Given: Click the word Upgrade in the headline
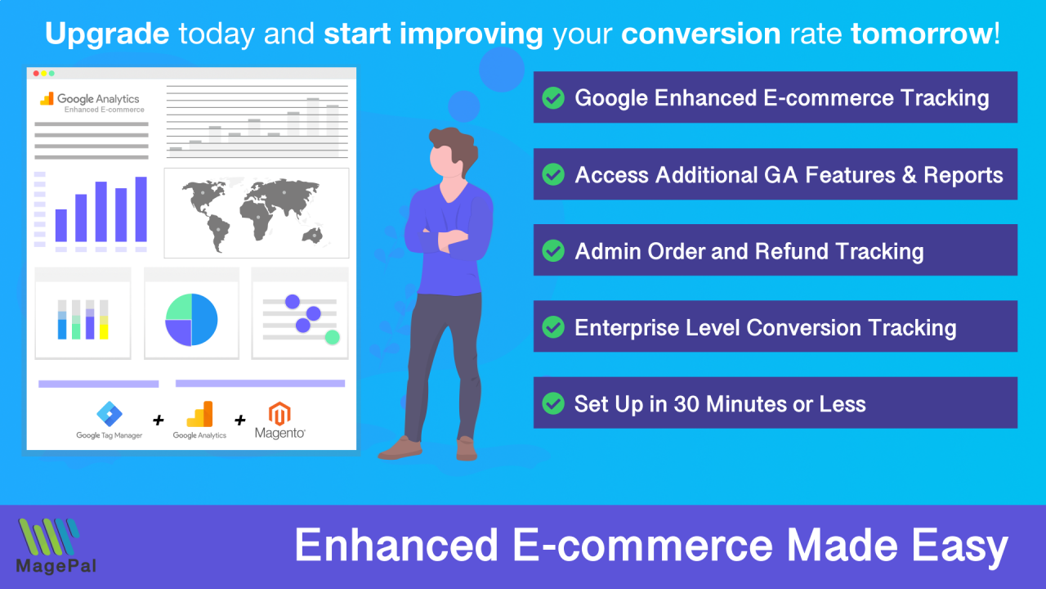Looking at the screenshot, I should tap(107, 34).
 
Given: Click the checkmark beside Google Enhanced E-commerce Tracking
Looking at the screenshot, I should tap(553, 98).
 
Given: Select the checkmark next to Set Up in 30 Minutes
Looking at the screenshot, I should tap(553, 403).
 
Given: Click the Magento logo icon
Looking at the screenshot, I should tap(280, 413).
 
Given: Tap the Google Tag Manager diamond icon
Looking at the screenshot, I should tap(109, 414).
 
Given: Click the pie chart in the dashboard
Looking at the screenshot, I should tap(191, 320).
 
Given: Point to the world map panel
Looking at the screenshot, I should tap(256, 213).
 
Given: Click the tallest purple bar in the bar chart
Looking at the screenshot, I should tap(141, 209).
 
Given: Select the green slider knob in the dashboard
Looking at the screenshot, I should tap(332, 337).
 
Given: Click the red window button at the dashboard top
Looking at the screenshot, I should tap(36, 74).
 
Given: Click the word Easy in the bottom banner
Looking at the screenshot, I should tap(964, 546).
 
